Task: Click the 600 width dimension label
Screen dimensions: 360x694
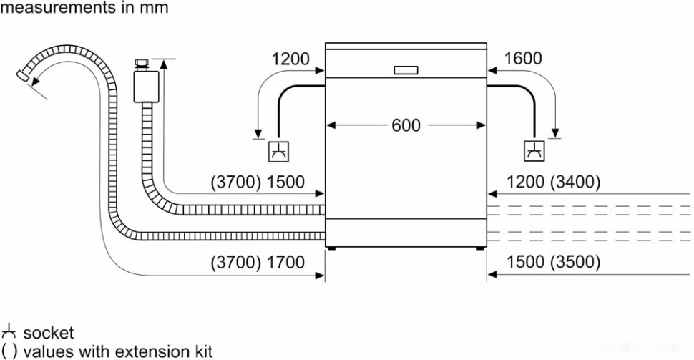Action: [406, 125]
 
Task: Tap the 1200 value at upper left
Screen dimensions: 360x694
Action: [290, 59]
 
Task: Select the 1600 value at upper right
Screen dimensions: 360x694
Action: [523, 59]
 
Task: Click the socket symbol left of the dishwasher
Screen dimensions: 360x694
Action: [278, 151]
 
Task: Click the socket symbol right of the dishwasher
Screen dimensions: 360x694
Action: [534, 151]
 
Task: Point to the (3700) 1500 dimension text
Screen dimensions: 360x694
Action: [258, 183]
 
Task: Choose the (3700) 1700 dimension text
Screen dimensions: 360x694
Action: [258, 262]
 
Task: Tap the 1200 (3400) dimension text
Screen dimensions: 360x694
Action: [553, 183]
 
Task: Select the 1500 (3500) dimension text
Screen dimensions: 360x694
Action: [553, 262]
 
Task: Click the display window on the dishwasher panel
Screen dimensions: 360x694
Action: [406, 70]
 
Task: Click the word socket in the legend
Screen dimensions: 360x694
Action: [48, 334]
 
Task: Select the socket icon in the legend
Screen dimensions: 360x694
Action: [9, 333]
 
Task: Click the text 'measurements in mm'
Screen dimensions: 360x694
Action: [85, 8]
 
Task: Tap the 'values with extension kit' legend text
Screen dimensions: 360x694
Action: [117, 351]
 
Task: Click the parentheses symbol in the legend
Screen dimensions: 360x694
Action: [9, 351]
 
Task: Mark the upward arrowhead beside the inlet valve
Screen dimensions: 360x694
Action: [165, 64]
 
